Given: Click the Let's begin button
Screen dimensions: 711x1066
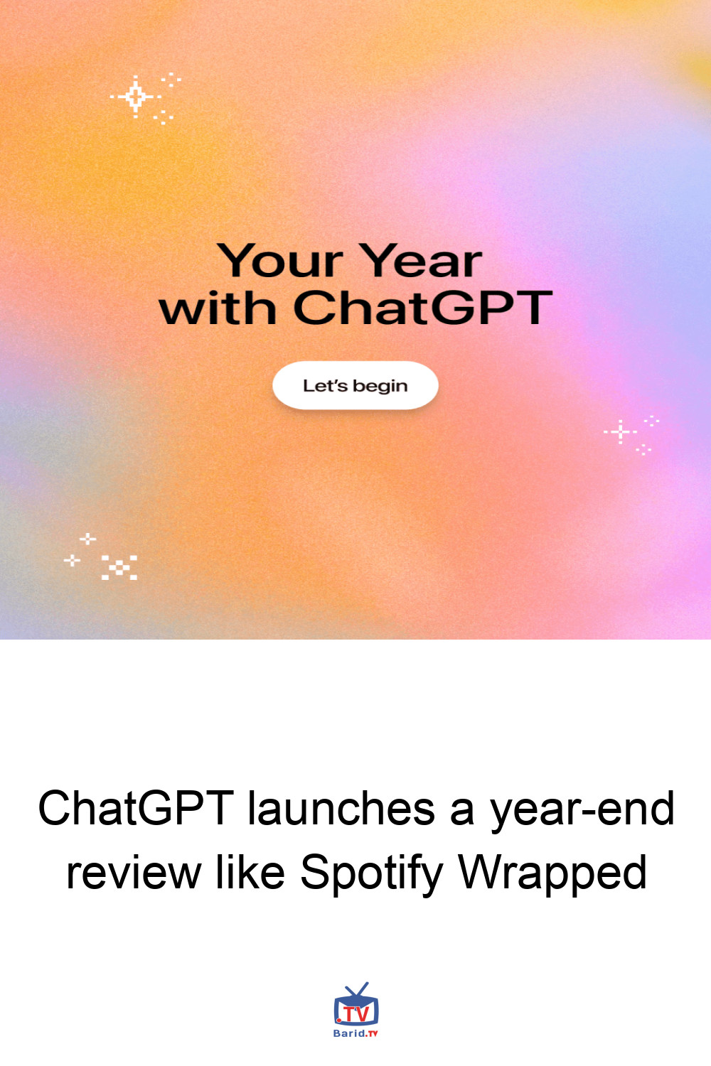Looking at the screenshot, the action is [355, 385].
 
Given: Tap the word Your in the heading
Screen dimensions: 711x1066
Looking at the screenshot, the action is [280, 260].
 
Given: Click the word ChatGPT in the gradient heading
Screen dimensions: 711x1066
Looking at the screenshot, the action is [423, 308].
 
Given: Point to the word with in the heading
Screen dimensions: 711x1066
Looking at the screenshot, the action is [218, 308].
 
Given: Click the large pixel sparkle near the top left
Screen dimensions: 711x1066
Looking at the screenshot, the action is [136, 97].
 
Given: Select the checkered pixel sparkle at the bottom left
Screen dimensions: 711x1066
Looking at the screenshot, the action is [119, 567].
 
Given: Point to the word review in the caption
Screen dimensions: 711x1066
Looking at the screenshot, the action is [134, 872].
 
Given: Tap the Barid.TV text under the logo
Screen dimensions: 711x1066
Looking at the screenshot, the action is [355, 1033].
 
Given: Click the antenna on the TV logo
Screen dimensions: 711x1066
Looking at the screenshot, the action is [357, 990].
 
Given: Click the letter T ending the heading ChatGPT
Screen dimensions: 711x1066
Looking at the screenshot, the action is [533, 308].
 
